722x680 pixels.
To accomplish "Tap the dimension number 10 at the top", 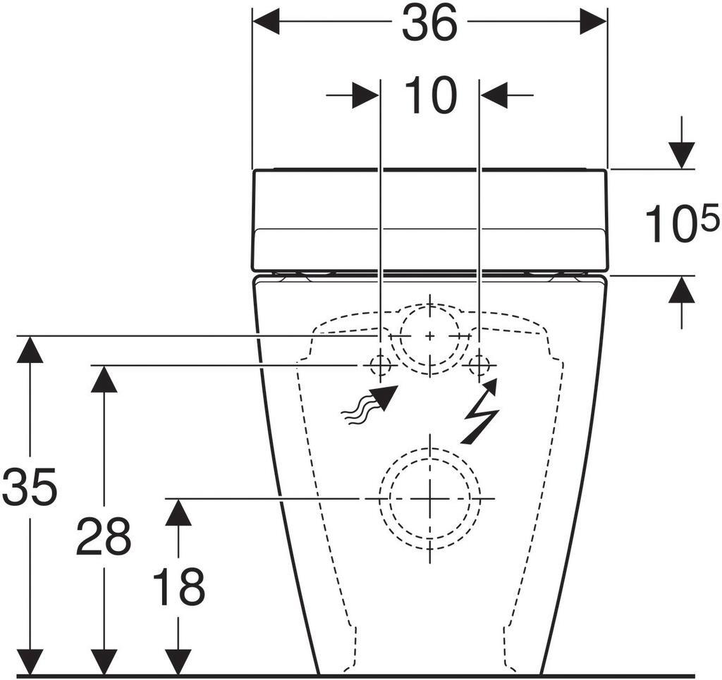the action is tap(431, 96).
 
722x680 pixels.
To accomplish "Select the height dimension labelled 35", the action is tap(30, 486).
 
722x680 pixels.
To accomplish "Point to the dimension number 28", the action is tap(104, 536).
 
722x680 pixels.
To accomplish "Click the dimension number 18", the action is tap(178, 587).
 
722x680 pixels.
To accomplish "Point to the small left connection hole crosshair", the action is tap(381, 366).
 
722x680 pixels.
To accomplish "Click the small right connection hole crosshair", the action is tap(479, 366).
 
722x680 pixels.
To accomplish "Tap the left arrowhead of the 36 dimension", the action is tap(267, 21).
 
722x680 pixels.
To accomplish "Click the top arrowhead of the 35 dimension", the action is tap(30, 350).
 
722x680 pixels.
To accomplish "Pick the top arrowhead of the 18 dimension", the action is tap(178, 512).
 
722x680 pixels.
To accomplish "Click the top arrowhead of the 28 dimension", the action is tap(104, 379).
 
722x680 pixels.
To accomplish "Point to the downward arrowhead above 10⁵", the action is tap(682, 156).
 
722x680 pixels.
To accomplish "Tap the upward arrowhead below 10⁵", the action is tap(682, 290).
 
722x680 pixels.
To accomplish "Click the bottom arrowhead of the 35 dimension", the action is tap(30, 662).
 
